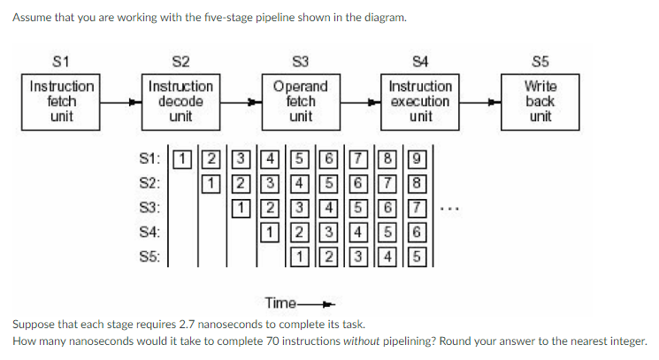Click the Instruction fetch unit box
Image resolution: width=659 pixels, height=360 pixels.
pyautogui.click(x=61, y=102)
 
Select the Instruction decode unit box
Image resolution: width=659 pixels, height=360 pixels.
pyautogui.click(x=180, y=102)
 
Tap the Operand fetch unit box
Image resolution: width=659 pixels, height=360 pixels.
pyautogui.click(x=301, y=102)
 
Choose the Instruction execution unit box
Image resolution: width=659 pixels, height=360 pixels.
pyautogui.click(x=420, y=102)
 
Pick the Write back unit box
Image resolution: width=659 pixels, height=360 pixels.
pyautogui.click(x=540, y=102)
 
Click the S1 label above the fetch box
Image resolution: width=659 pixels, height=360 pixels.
pyautogui.click(x=61, y=60)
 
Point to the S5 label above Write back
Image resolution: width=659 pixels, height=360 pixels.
pyautogui.click(x=540, y=60)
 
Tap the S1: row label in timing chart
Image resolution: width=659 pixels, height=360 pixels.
pyautogui.click(x=150, y=160)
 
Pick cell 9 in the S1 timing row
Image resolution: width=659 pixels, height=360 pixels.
pyautogui.click(x=422, y=160)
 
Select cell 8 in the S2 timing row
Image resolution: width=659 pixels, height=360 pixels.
pyautogui.click(x=422, y=184)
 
